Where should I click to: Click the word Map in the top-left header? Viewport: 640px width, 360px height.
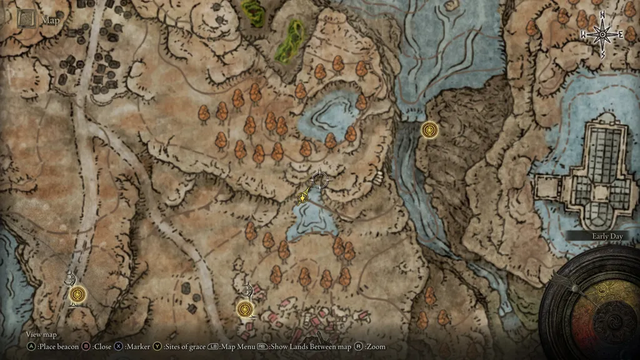(x=50, y=20)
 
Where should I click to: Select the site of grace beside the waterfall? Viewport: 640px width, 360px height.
(x=429, y=130)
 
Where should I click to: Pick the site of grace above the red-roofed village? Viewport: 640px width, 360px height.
(x=245, y=309)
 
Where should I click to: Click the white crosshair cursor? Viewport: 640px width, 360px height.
(x=319, y=180)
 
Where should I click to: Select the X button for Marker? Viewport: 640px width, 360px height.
(x=118, y=346)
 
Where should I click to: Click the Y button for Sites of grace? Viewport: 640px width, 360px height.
(x=157, y=346)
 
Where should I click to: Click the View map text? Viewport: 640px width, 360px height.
(x=41, y=335)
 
